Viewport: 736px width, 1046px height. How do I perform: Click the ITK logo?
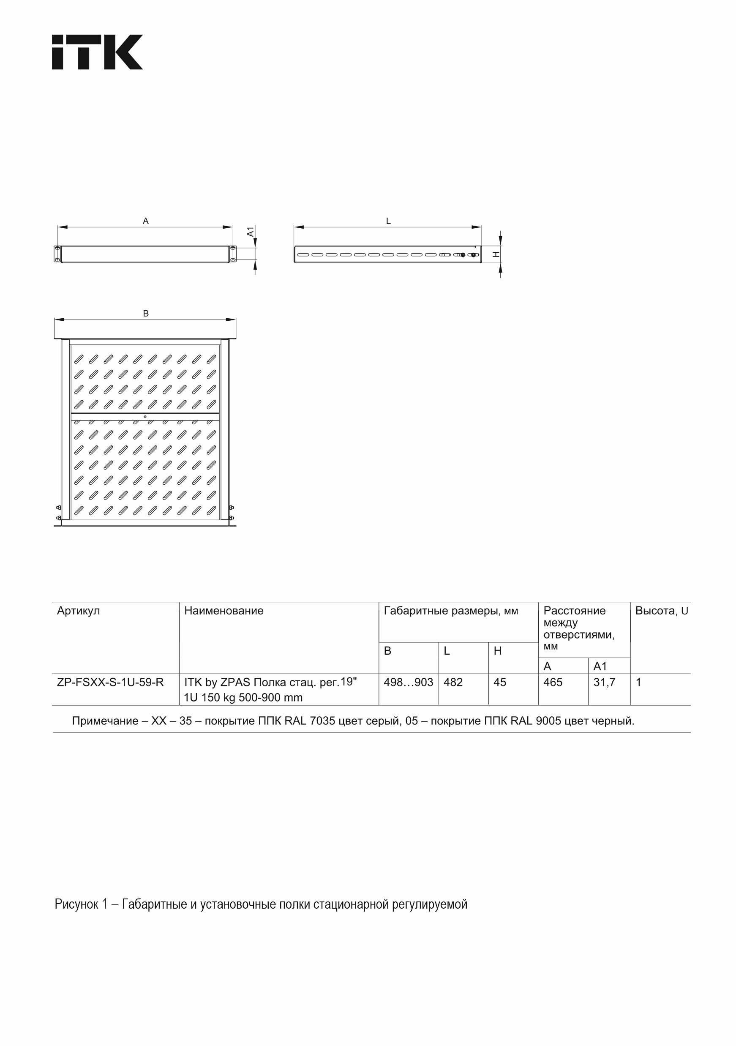97,52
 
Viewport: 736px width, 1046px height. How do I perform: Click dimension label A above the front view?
146,221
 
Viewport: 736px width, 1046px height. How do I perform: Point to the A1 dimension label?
251,232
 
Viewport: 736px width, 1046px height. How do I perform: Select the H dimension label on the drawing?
496,254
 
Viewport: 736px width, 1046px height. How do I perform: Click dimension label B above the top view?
146,314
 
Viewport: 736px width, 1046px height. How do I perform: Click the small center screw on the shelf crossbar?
145,416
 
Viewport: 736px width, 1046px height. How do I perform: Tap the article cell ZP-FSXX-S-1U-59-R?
110,683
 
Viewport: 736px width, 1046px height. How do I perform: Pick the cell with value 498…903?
408,683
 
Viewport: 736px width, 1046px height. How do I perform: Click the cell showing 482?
453,683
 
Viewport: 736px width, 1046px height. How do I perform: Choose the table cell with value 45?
500,683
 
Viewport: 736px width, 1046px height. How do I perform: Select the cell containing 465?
553,683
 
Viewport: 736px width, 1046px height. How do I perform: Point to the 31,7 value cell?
604,683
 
